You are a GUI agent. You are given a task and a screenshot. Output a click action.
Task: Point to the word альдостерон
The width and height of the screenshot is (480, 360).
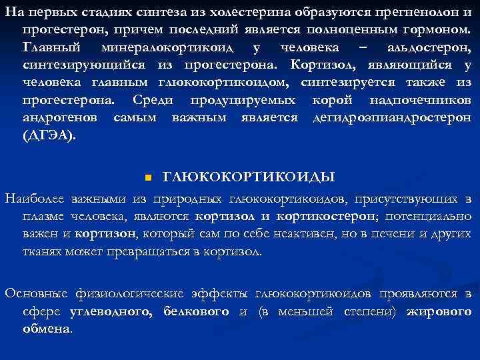[428, 48]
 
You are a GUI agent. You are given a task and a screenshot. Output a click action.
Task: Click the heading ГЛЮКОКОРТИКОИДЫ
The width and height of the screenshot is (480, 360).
[249, 177]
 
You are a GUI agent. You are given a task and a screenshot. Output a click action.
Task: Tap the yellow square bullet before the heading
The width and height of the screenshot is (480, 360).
[148, 177]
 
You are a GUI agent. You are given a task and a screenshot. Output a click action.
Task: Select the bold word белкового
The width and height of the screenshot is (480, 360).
[195, 311]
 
